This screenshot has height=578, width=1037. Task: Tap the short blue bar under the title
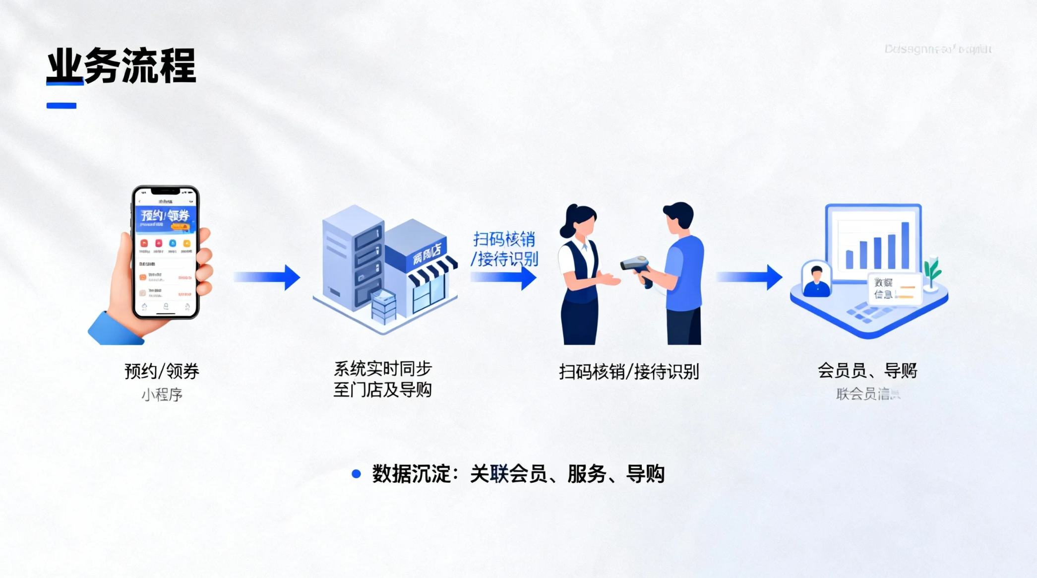[61, 106]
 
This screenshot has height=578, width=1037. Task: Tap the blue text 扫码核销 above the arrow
[504, 239]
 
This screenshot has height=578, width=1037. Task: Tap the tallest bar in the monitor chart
[905, 245]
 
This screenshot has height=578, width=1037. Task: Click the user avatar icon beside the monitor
[816, 280]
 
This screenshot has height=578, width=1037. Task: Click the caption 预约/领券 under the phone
[162, 371]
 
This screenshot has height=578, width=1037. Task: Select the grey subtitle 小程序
[162, 395]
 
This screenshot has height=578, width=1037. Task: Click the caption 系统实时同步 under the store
[382, 369]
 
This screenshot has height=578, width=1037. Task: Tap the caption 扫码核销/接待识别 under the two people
[629, 372]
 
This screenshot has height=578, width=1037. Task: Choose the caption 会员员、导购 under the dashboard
[867, 371]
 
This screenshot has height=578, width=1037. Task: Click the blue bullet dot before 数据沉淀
[356, 474]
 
